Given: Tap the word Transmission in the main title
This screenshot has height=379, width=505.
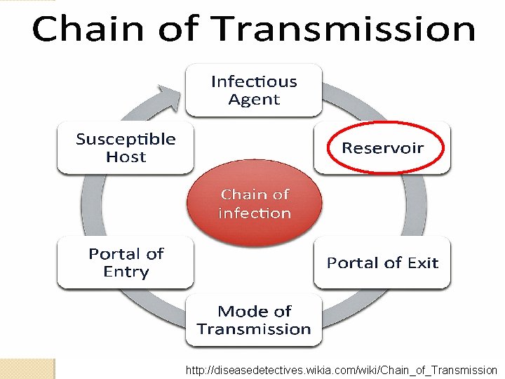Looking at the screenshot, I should tap(343, 29).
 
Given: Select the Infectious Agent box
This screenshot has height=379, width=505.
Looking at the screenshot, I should tap(254, 90).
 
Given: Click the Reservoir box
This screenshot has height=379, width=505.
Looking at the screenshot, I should tap(382, 148).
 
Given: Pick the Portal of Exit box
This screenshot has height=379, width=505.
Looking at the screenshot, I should tap(382, 262).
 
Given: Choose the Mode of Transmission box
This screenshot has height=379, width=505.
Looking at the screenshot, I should tap(254, 320).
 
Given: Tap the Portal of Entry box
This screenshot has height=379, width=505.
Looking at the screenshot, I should tap(126, 262).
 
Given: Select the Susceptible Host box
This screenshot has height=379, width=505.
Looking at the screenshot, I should tap(126, 148).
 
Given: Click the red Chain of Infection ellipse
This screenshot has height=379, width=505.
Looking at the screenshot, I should tap(254, 204).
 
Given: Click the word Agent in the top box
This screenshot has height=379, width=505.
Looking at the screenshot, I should tap(254, 100).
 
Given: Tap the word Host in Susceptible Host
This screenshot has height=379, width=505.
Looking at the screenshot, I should tap(126, 157).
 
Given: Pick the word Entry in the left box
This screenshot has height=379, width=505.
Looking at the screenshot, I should tap(126, 272).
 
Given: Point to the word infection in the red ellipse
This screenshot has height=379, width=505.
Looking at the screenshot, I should tap(254, 213).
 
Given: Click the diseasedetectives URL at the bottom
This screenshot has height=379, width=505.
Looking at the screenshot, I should tap(342, 370).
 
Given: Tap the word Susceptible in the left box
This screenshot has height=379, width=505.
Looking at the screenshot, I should tap(126, 139).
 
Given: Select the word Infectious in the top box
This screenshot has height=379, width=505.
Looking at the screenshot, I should tap(254, 81).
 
